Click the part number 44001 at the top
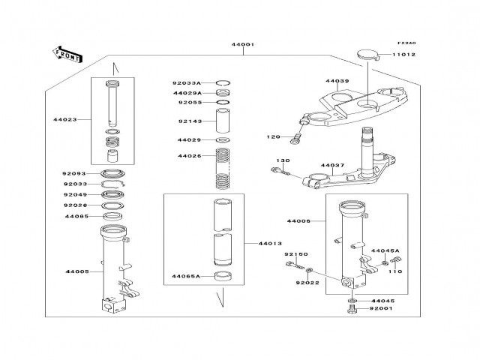tap(243, 45)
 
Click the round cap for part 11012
tap(365, 53)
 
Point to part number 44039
tap(337, 81)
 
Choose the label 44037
tap(332, 165)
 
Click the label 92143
tap(189, 120)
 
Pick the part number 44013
tap(269, 243)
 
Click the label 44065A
tap(185, 276)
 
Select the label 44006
tap(298, 221)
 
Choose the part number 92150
tap(295, 255)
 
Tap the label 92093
tap(73, 174)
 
